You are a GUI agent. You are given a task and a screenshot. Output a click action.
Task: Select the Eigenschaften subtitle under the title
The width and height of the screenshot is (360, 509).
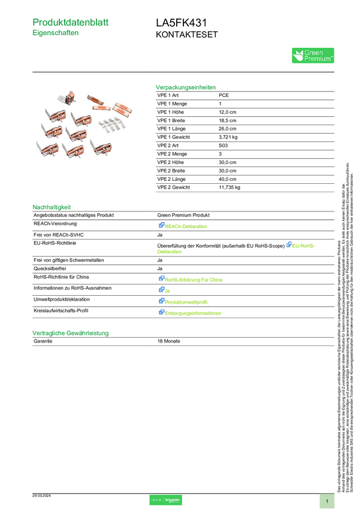pos(56,34)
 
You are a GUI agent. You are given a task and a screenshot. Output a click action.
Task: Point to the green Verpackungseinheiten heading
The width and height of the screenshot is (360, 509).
pos(185,87)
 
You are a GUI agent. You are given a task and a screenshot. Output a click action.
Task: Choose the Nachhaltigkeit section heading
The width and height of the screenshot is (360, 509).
pos(52,207)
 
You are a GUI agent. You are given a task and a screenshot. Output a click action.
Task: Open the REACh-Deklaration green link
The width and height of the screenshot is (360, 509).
pos(187,226)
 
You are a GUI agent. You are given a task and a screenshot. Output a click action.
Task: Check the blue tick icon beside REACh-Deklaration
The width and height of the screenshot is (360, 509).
pos(161,226)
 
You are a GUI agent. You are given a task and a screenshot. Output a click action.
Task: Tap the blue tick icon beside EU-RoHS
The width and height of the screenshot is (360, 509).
pos(289,244)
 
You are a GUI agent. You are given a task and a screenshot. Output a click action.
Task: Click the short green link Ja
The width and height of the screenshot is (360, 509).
pos(168,290)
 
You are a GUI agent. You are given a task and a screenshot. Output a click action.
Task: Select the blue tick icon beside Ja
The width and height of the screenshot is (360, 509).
pos(161,290)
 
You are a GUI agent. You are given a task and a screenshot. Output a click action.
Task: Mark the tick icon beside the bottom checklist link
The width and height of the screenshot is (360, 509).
pos(161,312)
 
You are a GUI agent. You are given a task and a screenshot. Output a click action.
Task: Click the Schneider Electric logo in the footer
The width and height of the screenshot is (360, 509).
pos(173,500)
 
